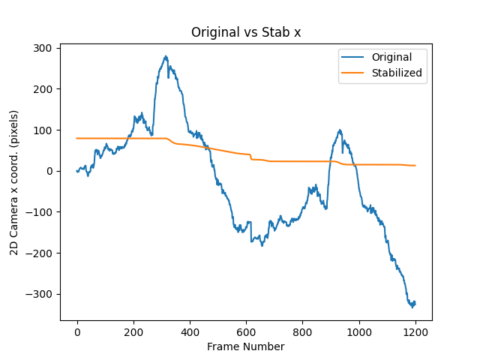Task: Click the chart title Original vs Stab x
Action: (240, 32)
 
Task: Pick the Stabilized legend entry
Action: (389, 73)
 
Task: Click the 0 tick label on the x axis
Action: (77, 332)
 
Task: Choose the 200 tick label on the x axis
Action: (133, 332)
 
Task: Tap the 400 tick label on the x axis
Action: (190, 332)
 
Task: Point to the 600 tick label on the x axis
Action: (247, 332)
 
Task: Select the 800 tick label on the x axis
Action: (303, 332)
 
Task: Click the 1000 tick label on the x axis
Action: (359, 332)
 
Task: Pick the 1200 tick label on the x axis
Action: (415, 332)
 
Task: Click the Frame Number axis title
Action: (246, 346)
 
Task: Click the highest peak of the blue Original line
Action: (166, 56)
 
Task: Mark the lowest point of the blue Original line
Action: (412, 307)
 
